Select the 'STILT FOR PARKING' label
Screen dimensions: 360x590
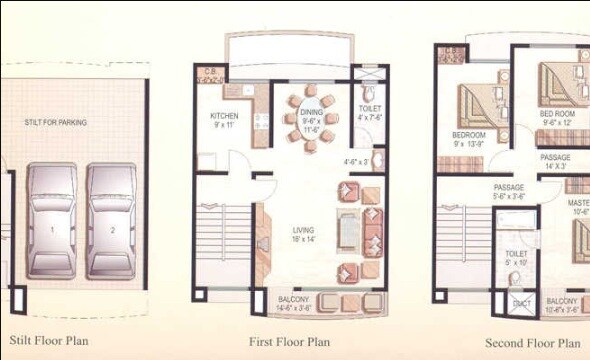[x=56, y=123]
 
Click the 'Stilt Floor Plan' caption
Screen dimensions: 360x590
[x=49, y=340]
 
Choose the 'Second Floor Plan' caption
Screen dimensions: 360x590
[x=533, y=342]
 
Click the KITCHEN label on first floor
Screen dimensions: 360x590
[x=224, y=121]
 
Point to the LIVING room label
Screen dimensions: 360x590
[x=303, y=234]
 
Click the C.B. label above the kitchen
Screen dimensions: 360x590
[x=210, y=72]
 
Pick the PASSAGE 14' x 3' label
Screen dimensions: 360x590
[x=556, y=162]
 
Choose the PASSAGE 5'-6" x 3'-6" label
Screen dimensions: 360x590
[x=509, y=192]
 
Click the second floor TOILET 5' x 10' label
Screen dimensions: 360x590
[x=515, y=258]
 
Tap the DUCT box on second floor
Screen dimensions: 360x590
[x=520, y=304]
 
